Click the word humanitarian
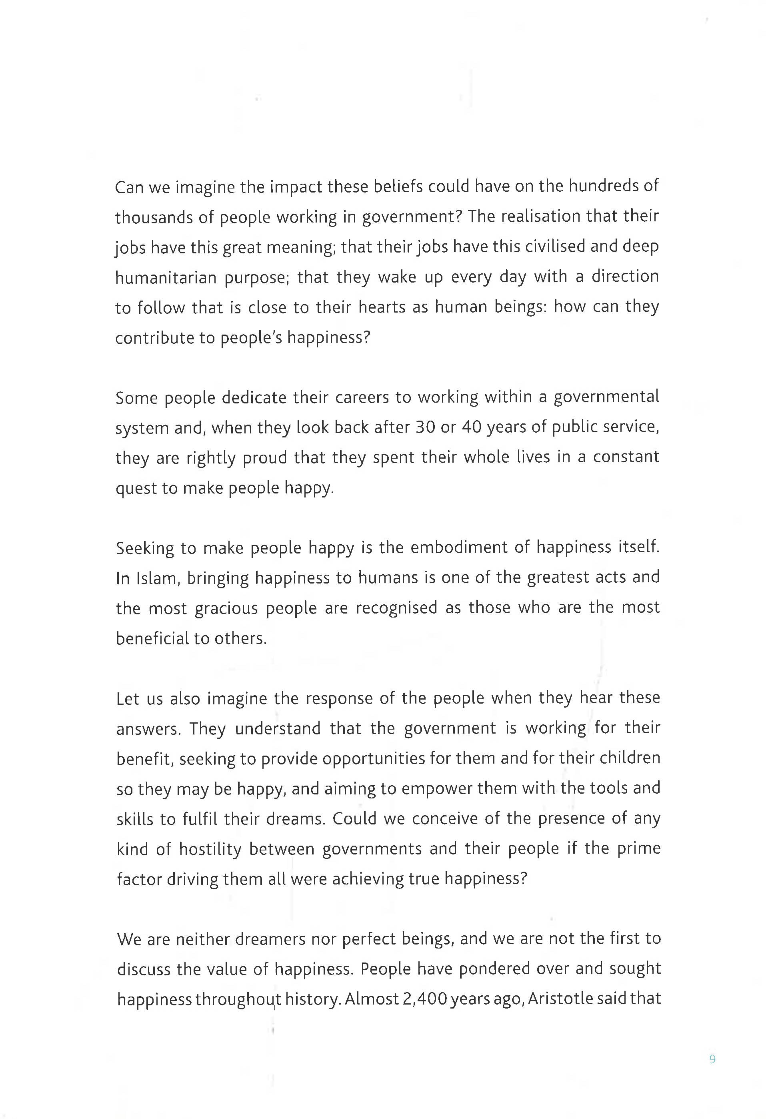(x=166, y=277)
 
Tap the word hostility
(x=210, y=848)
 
